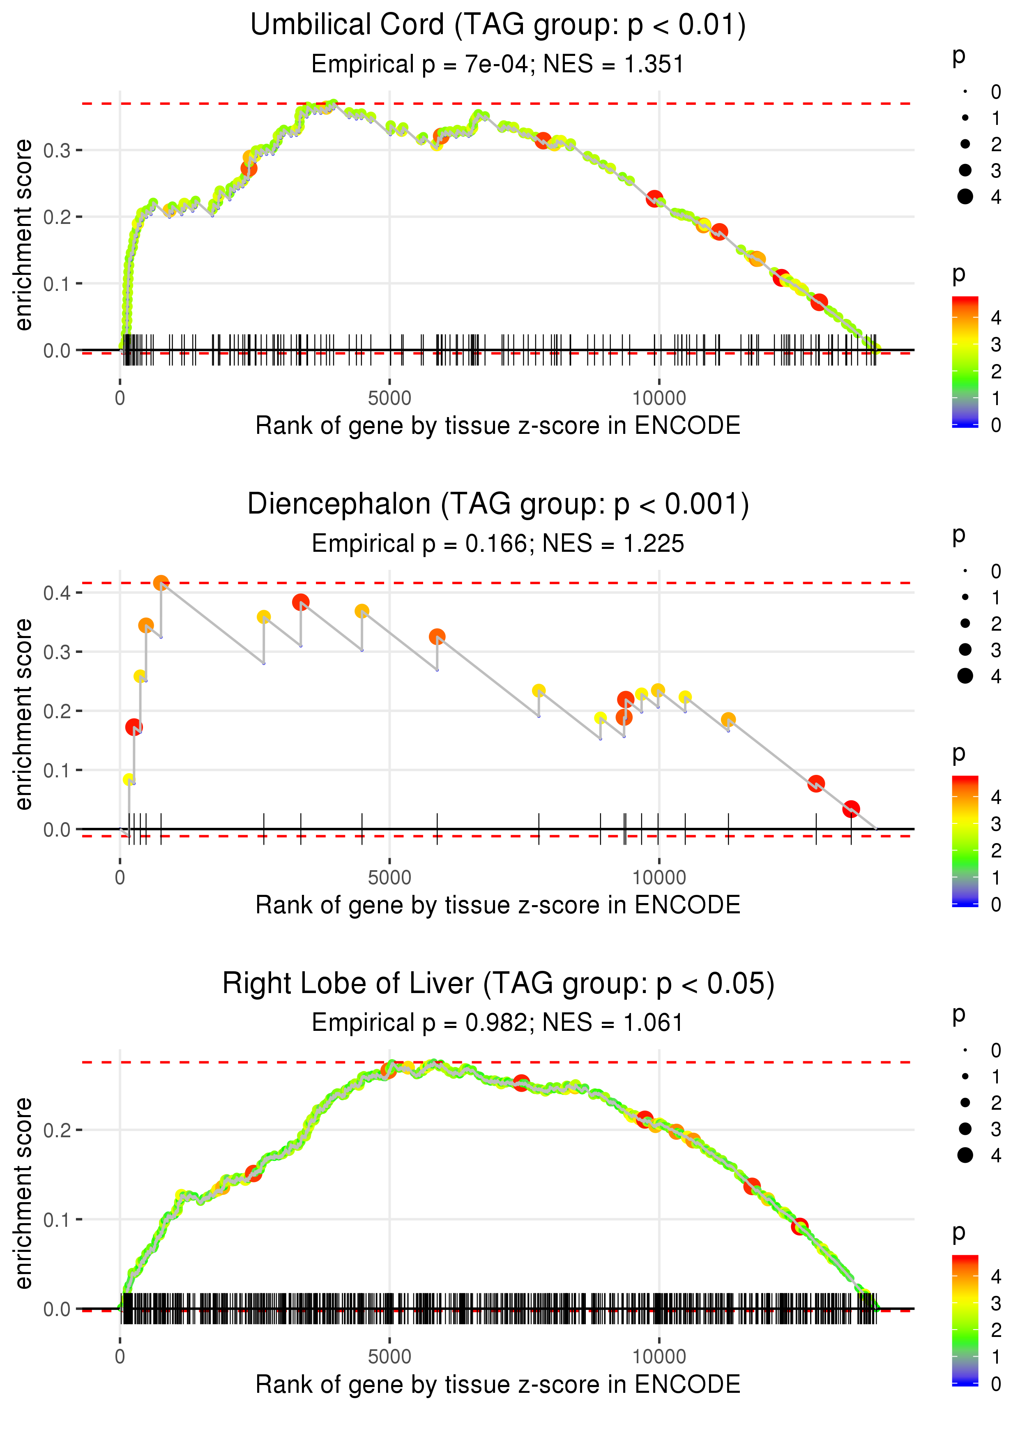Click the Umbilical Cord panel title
point(498,25)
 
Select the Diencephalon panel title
point(498,505)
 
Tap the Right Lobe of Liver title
point(498,984)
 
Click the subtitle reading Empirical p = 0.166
point(498,544)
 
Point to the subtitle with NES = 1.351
point(498,65)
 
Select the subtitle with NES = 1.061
point(498,1023)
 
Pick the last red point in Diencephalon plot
point(851,809)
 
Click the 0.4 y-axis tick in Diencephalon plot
point(55,593)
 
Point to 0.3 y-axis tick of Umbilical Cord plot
point(55,150)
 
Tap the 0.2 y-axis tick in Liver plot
point(55,1130)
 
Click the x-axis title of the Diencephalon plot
point(498,905)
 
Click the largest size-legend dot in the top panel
point(965,197)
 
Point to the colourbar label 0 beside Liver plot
point(996,1384)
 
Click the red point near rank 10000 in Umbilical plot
point(654,198)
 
